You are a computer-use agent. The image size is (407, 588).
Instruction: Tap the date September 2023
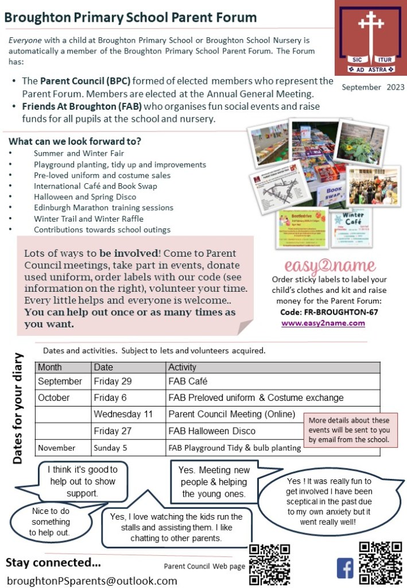[373, 87]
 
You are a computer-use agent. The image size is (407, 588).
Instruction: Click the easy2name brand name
[330, 266]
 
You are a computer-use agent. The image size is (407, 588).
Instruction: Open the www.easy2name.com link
[331, 323]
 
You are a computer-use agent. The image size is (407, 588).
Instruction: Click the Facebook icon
[345, 568]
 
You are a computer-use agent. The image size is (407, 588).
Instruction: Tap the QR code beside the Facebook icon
[380, 563]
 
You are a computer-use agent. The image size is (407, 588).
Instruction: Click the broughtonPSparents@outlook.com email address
[92, 581]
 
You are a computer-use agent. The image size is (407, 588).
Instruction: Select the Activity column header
[182, 367]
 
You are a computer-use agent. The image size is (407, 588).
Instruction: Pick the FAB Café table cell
[188, 381]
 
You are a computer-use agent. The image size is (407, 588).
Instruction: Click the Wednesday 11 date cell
[122, 414]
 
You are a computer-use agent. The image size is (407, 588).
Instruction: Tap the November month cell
[57, 447]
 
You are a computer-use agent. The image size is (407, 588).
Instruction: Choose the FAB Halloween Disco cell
[212, 431]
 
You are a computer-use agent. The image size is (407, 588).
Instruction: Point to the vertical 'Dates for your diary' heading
[18, 408]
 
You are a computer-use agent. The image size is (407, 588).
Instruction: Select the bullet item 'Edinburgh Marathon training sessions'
[103, 208]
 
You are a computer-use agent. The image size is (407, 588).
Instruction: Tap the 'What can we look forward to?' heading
[75, 141]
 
